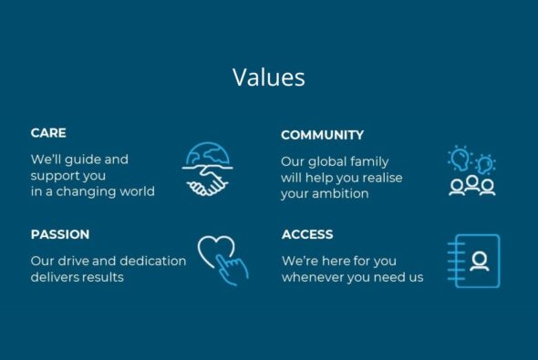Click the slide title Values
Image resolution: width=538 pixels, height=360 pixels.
pyautogui.click(x=268, y=77)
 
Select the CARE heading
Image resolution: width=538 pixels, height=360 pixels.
pyautogui.click(x=48, y=133)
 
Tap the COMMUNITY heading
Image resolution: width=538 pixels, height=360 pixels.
pyautogui.click(x=322, y=135)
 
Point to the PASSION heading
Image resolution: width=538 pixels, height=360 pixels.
pyautogui.click(x=60, y=234)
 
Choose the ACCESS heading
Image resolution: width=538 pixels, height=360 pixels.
pyautogui.click(x=307, y=234)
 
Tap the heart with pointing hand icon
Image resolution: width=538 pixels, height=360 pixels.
pyautogui.click(x=222, y=259)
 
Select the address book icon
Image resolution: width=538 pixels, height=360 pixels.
pyautogui.click(x=474, y=261)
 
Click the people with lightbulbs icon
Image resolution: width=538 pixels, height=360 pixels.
pyautogui.click(x=472, y=171)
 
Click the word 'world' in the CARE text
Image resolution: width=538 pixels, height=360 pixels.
pyautogui.click(x=136, y=191)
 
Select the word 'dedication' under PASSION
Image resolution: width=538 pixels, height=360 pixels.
pyautogui.click(x=152, y=261)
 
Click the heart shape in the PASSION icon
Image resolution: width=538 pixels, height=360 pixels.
pyautogui.click(x=215, y=249)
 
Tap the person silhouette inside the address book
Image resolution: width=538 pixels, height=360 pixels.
pyautogui.click(x=479, y=261)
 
